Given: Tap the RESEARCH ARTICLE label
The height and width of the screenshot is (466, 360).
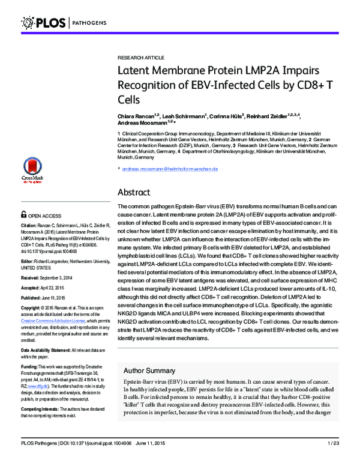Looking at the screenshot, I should pos(140,58).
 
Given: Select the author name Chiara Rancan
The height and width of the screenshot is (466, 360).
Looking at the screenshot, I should pos(136,115).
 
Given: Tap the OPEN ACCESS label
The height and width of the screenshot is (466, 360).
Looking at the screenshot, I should pos(44,215).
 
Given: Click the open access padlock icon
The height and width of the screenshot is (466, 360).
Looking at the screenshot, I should pos(23,214).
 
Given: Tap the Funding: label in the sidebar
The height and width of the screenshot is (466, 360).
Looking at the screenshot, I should pos(31,366).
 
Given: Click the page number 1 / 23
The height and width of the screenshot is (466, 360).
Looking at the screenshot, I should pos(333,459).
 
